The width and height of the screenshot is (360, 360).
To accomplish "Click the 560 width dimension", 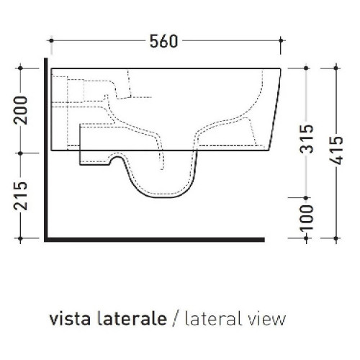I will (163, 41).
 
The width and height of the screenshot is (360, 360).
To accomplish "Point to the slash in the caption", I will (176, 318).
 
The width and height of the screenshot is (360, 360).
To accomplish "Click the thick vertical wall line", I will (47, 151).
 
